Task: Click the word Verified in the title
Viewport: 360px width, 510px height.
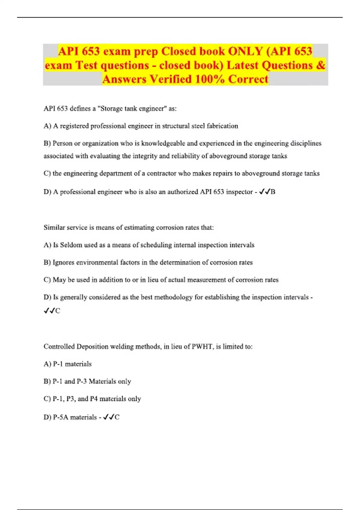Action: click(x=170, y=79)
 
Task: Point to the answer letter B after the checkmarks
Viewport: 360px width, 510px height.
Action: click(x=273, y=192)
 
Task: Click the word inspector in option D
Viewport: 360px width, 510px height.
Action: click(x=239, y=192)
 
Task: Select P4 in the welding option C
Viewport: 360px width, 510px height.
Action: click(x=94, y=399)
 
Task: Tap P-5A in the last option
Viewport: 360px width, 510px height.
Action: click(x=61, y=417)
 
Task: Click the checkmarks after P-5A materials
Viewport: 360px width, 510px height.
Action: click(x=109, y=417)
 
